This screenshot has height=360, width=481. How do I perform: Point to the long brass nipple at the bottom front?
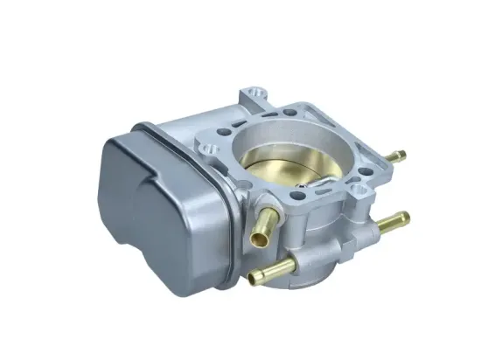point(272,272)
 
